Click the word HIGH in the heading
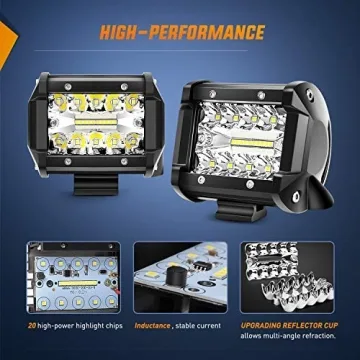[125, 33]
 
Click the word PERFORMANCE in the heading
[210, 33]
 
